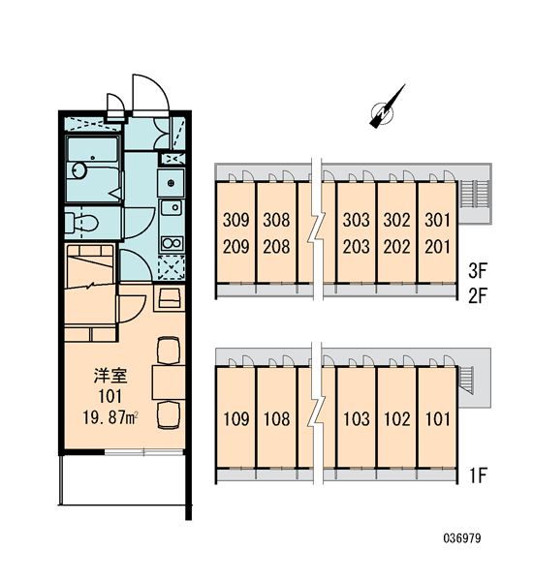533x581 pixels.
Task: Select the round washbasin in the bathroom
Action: tap(79, 170)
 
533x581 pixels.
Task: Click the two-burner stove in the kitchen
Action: tap(172, 243)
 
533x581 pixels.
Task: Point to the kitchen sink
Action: tap(172, 207)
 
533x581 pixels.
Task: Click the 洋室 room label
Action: tap(110, 376)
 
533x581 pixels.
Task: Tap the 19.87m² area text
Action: tap(110, 418)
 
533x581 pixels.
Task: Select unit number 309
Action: tap(236, 220)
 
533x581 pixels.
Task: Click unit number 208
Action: tap(276, 247)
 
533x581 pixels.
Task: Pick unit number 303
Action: tap(356, 220)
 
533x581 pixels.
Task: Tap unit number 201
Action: tap(437, 247)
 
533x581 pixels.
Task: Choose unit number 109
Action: tap(236, 419)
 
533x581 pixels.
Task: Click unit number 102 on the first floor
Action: tap(397, 419)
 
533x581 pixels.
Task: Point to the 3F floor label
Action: tap(478, 271)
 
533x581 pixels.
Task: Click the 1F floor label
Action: tap(478, 475)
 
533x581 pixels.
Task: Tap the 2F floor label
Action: tap(478, 295)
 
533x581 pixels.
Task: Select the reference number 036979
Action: tap(462, 538)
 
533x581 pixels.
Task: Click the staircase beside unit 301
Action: tap(475, 195)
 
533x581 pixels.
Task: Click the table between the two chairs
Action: tap(169, 382)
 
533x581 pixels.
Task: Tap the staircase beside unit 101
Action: tap(466, 380)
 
